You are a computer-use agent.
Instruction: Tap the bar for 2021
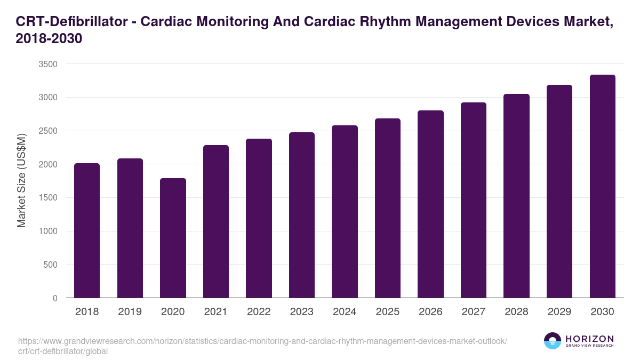pos(216,221)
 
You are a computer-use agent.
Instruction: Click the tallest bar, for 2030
pos(602,186)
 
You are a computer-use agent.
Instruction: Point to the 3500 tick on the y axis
pos(47,64)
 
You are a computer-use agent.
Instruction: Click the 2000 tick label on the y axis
pos(47,164)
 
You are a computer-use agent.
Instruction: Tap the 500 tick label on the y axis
pos(50,265)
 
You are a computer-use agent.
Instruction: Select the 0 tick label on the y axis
pos(55,298)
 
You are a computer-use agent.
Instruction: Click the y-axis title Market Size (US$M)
pos(21,181)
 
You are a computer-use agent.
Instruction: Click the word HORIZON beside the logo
pos(589,339)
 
